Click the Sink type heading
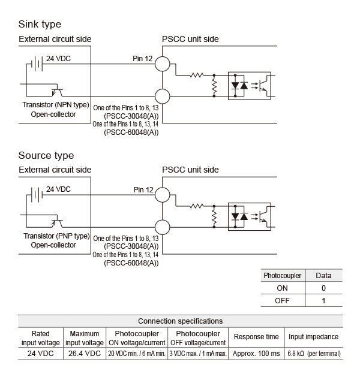[x=40, y=25]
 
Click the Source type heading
[x=46, y=156]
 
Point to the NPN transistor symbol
[x=57, y=91]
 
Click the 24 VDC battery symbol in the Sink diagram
[x=37, y=64]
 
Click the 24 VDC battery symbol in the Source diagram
[x=37, y=195]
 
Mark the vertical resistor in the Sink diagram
[x=214, y=86]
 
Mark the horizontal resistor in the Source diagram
[x=197, y=206]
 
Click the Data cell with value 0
[x=323, y=288]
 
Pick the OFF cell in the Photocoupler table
[x=282, y=300]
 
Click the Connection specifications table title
[x=180, y=321]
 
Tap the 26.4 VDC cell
[x=85, y=354]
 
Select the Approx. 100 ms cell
[x=256, y=354]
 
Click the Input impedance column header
[x=314, y=337]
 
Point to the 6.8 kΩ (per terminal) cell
[x=314, y=354]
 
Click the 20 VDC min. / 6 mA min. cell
[x=137, y=354]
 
